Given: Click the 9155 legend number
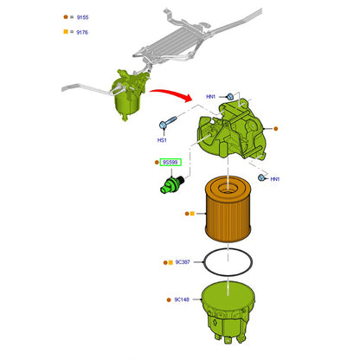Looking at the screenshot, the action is pos(82,17).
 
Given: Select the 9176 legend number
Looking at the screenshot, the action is pos(82,32).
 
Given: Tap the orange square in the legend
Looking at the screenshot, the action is pos(66,32).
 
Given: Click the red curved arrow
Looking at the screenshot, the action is pos(170,94).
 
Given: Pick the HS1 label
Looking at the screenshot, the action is pos(162,140).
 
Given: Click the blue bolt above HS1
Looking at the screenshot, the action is pos(168,122).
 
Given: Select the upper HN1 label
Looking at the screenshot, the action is pos(211,97).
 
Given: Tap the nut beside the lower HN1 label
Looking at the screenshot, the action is pos(261,177).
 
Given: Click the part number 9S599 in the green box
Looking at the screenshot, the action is pos(170,163).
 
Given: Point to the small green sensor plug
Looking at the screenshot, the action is pos(171,185).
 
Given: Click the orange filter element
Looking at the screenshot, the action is pos(228,209).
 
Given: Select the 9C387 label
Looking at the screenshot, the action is pos(183,262).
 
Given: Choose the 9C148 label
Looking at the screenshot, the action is pos(182,299).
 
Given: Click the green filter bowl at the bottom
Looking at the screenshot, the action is pos(228,312).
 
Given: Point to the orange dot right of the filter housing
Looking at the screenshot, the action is pos(275,129).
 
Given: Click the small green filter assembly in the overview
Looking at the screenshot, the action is pos(129,93).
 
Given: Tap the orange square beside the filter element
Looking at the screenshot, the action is pos(192,214).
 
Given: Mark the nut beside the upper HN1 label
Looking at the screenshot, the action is pos(230,97).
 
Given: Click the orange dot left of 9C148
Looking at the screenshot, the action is pos(169,300).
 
